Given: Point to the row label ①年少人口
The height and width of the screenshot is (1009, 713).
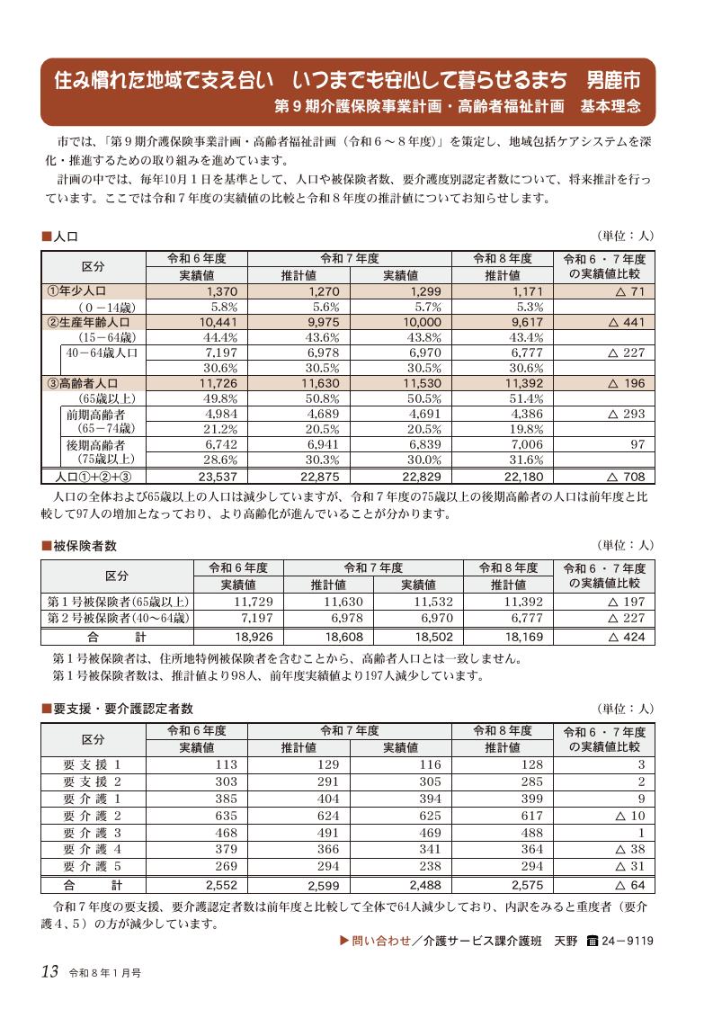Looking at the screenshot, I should click(x=77, y=291).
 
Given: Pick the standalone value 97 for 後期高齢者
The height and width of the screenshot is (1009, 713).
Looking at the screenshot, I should click(x=636, y=444).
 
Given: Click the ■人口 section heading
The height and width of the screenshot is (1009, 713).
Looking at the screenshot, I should click(x=61, y=237).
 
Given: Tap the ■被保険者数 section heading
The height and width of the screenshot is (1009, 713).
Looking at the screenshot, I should click(x=79, y=546).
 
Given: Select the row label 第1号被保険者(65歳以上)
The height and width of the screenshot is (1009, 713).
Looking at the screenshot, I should click(x=118, y=602).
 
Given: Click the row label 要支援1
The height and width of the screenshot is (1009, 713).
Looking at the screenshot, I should click(x=92, y=764).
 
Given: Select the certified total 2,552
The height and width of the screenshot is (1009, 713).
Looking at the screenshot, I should click(x=220, y=886).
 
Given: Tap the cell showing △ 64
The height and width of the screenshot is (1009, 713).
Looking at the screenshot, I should click(x=631, y=886).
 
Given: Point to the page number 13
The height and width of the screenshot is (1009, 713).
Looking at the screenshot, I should click(x=49, y=971).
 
